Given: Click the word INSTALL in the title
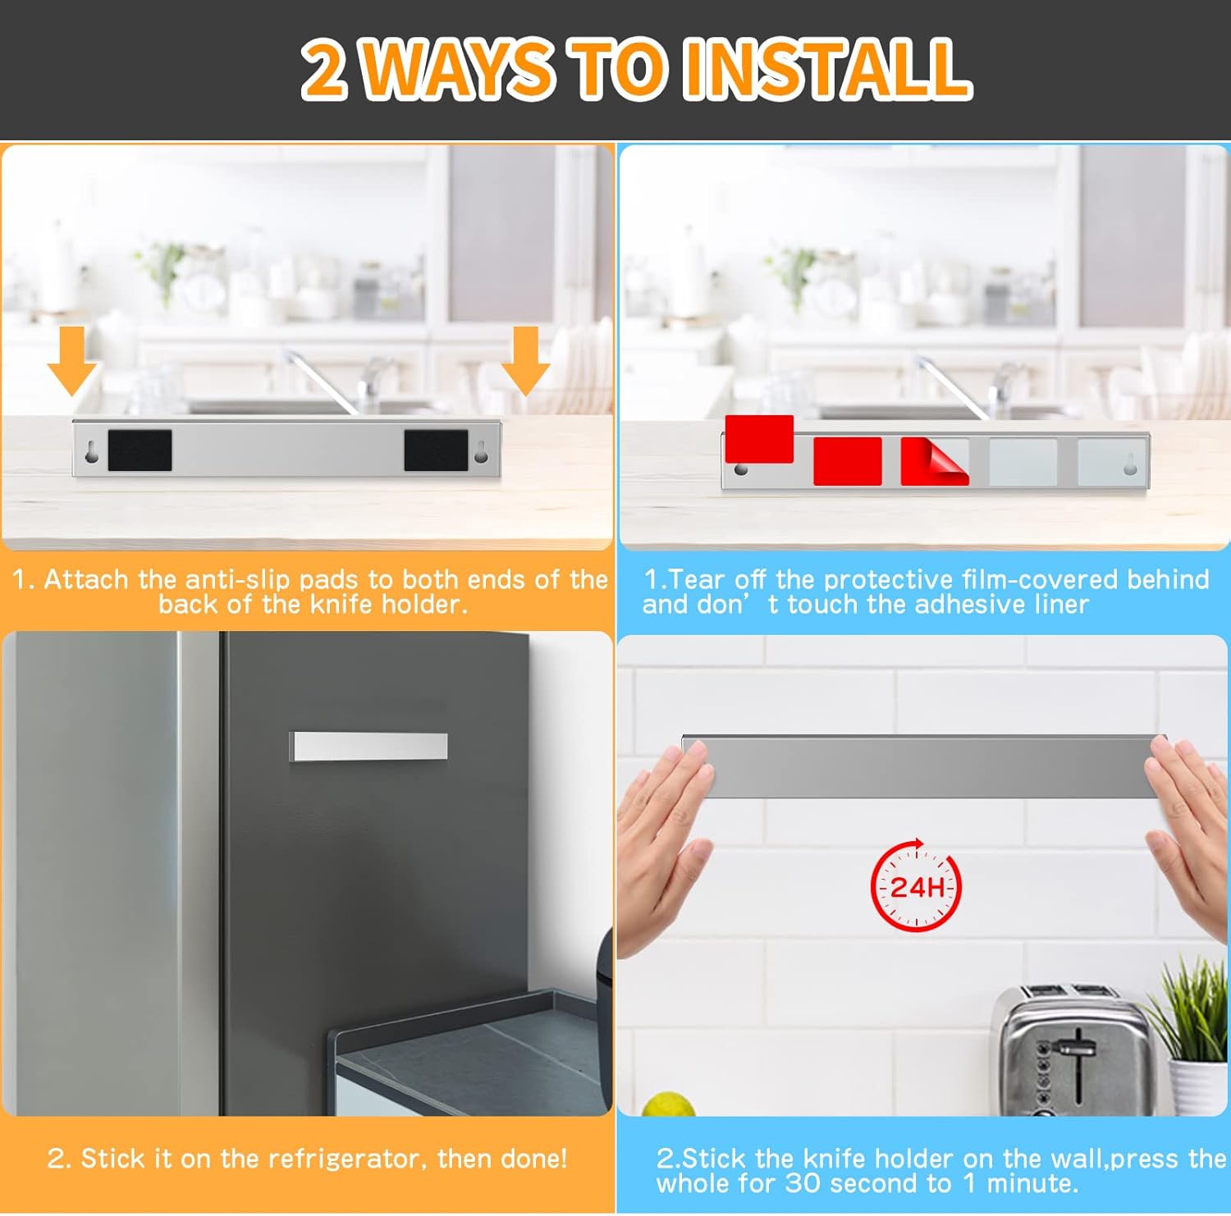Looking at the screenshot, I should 827,69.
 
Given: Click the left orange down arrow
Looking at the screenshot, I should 72,359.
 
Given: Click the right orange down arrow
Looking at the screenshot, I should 525,359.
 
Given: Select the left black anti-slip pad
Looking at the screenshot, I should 140,450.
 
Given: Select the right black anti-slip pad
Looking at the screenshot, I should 436,450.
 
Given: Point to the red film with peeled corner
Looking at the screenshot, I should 934,461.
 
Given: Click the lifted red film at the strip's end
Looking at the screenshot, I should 759,439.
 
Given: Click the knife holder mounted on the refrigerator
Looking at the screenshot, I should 368,746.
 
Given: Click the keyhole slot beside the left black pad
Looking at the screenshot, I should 92,451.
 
